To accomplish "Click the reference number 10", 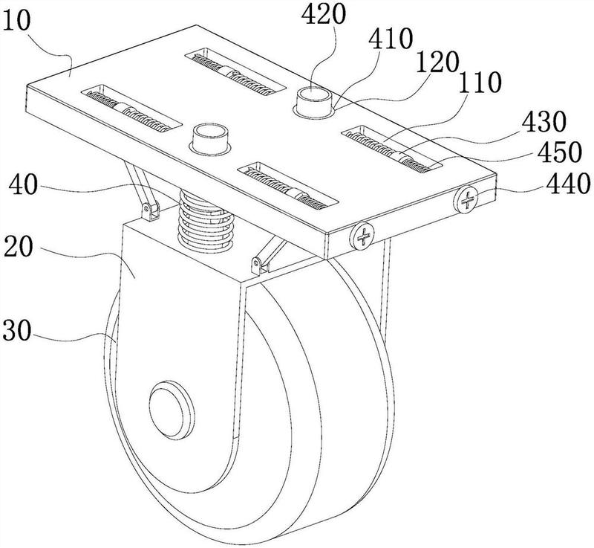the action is (16, 22).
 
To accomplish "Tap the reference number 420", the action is (324, 14).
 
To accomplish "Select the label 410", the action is (391, 39).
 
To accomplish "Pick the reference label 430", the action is (544, 123).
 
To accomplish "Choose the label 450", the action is (560, 152).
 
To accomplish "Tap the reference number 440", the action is (567, 184).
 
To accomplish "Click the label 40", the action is (24, 185).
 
